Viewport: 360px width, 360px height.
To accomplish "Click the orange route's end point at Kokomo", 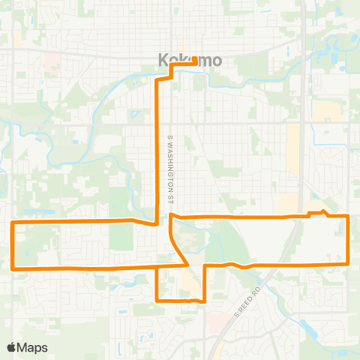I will point(196,64).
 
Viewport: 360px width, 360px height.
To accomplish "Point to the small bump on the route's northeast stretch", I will point(322,212).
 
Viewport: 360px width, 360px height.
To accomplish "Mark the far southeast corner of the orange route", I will point(349,263).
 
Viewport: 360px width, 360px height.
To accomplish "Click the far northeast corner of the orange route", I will point(349,216).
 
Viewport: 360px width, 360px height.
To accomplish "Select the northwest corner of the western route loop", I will point(13,223).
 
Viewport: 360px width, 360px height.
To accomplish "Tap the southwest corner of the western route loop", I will point(13,268).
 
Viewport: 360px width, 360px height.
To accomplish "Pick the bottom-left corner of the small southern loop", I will point(157,300).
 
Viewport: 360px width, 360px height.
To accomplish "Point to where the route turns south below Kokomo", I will point(157,79).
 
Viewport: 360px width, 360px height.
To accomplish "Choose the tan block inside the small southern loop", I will point(187,283).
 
